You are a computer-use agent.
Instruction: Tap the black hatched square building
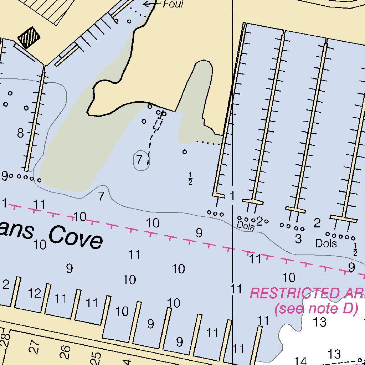click(x=29, y=37)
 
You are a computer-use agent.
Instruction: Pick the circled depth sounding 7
click(x=140, y=159)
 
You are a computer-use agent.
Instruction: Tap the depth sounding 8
click(x=21, y=134)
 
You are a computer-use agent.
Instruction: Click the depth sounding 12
click(x=35, y=293)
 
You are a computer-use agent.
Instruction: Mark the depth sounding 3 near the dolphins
click(x=298, y=238)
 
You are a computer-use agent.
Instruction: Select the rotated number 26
click(x=65, y=352)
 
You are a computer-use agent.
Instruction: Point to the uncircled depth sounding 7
click(x=101, y=196)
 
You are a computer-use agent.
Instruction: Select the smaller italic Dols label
click(x=246, y=226)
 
